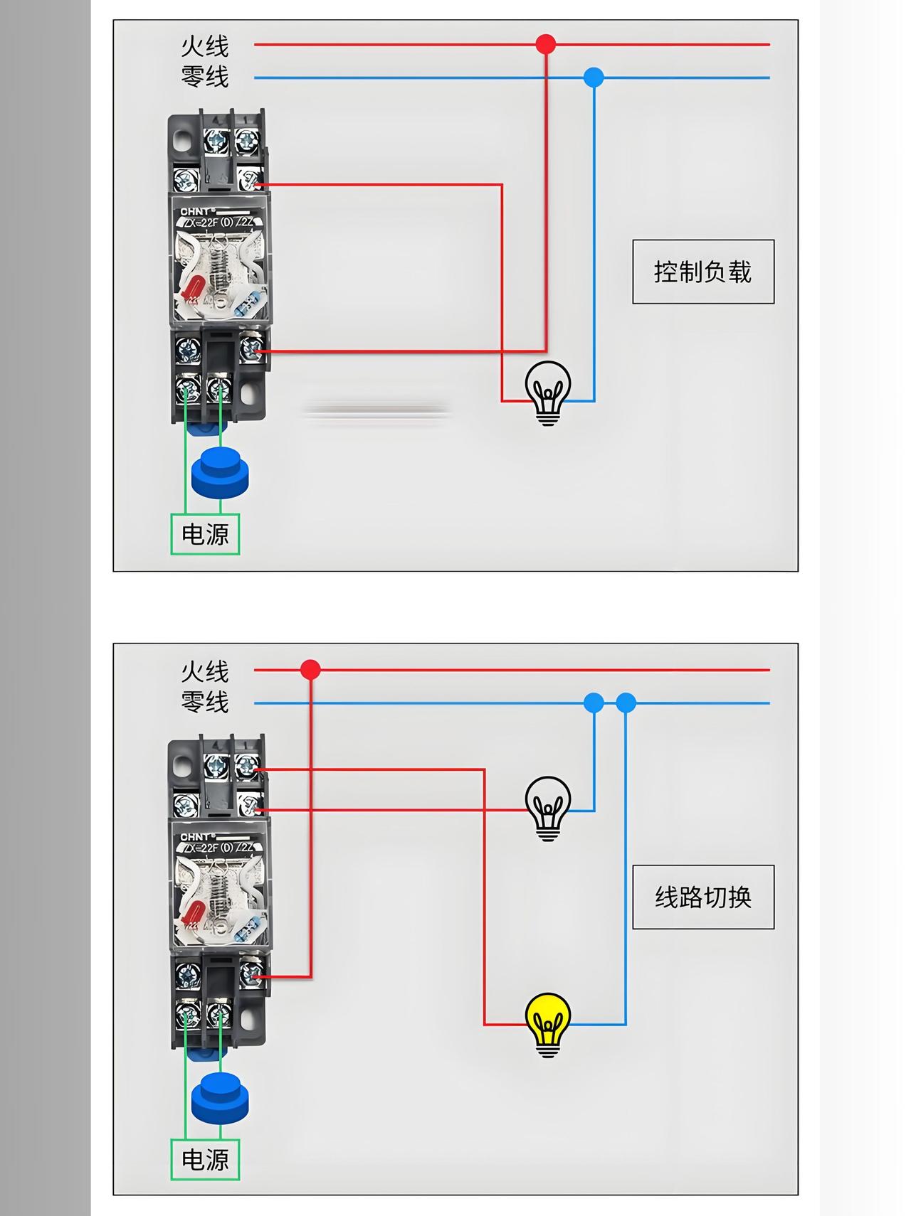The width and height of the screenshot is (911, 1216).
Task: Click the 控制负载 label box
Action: pos(703,272)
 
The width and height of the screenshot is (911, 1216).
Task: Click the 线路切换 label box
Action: pos(703,897)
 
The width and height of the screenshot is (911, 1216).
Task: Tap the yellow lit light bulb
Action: pos(548,1025)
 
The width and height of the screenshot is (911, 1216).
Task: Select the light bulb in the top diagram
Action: pos(548,393)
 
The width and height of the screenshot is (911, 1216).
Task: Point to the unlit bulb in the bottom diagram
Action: pos(548,809)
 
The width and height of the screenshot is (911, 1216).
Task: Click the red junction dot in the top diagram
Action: pos(546,44)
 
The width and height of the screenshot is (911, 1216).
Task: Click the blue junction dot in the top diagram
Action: pos(594,78)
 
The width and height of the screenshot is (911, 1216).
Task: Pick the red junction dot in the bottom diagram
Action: pos(310,669)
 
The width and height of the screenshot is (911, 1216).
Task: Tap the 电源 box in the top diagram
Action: pos(205,534)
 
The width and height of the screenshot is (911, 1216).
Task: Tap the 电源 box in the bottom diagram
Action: pos(205,1160)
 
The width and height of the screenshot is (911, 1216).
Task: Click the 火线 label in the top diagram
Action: pos(205,46)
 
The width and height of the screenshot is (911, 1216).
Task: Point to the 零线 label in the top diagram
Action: pos(205,77)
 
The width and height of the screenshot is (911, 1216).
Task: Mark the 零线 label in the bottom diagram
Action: pos(205,703)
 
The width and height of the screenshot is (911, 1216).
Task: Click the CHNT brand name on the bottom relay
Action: pos(195,837)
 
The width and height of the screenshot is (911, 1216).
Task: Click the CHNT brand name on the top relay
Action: pos(195,211)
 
